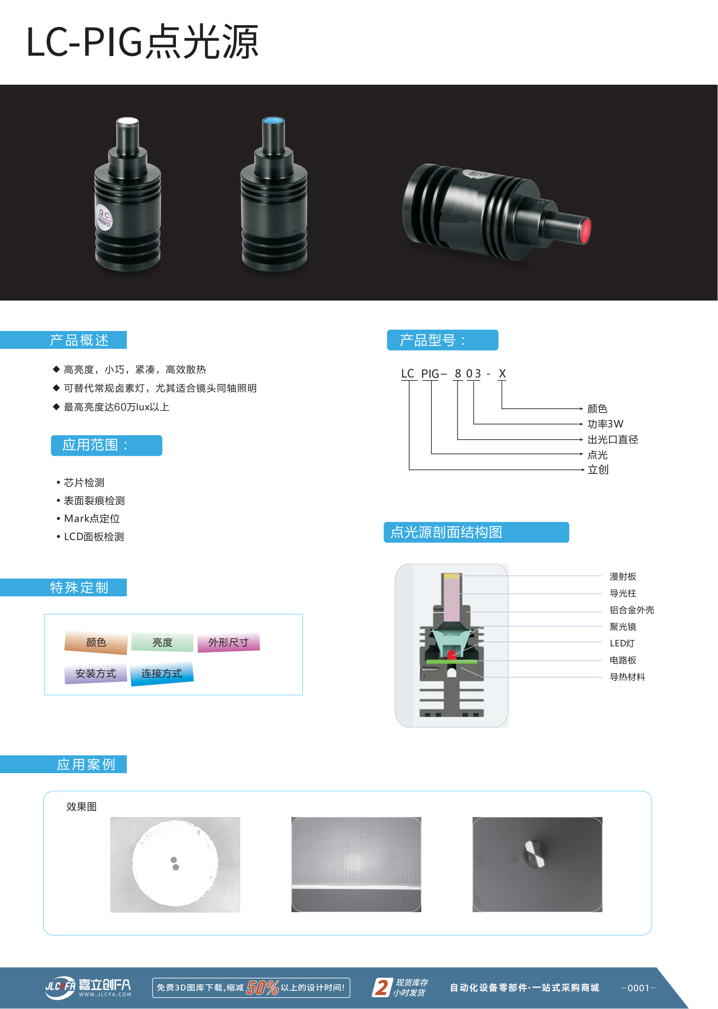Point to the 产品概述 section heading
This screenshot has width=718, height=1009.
coord(79,340)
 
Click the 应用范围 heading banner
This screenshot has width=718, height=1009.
coord(106,445)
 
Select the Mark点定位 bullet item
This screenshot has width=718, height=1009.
coord(92,518)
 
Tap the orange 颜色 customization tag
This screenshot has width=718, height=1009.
coord(96,642)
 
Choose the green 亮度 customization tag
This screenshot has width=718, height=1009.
coord(162,642)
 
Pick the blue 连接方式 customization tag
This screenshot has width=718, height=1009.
coord(162,673)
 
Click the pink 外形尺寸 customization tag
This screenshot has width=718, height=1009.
coord(228,642)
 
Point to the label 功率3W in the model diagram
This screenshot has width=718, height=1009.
coord(605,424)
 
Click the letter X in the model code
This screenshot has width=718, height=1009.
coord(502,374)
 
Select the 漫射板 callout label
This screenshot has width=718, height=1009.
coord(623,576)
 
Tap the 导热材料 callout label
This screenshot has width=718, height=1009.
coord(627,677)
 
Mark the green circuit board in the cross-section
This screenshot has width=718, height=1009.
coord(451,662)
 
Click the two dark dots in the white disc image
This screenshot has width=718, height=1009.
coord(175,863)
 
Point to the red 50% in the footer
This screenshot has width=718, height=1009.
coord(263,988)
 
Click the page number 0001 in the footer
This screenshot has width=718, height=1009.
coord(639,988)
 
